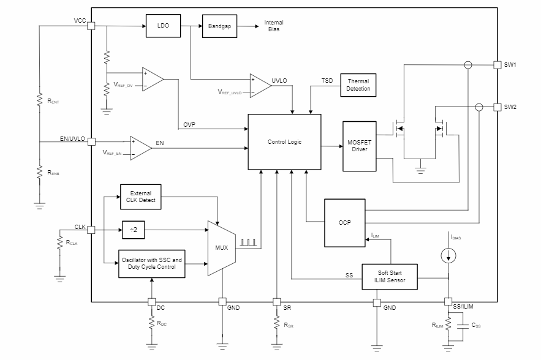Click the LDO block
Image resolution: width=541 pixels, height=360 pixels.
(163, 26)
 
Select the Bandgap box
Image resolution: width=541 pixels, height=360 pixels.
(219, 26)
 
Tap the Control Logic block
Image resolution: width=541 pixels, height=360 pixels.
(284, 142)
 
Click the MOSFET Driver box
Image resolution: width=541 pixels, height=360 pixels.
(359, 146)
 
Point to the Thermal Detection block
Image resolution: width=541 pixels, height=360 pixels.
(358, 85)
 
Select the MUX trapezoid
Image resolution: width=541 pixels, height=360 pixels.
(222, 247)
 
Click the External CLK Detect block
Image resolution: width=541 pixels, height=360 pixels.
(141, 197)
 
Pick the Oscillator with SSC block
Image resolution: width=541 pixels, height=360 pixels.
(151, 264)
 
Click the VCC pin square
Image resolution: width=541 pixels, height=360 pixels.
(91, 26)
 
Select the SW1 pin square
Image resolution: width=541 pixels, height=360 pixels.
(497, 64)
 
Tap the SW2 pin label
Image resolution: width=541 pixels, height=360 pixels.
(510, 107)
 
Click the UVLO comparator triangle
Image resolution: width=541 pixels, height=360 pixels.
(259, 86)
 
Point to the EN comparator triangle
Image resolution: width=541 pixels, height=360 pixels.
(140, 147)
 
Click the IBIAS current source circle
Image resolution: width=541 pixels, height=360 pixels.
(448, 256)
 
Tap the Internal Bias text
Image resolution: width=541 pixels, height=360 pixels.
(274, 26)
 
